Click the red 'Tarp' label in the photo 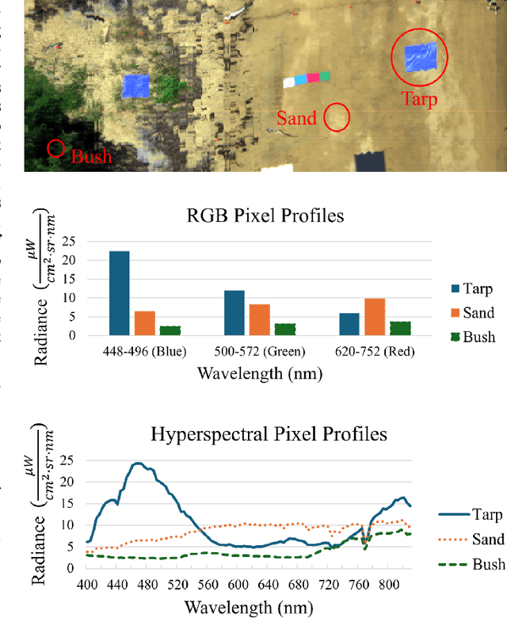click(x=419, y=99)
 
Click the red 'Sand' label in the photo click(x=296, y=119)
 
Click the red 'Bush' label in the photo click(x=91, y=156)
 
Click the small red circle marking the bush click(x=55, y=148)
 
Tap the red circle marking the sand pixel click(x=338, y=116)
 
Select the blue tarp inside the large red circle click(x=420, y=57)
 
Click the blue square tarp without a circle click(x=135, y=86)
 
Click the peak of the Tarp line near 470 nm click(x=138, y=463)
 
